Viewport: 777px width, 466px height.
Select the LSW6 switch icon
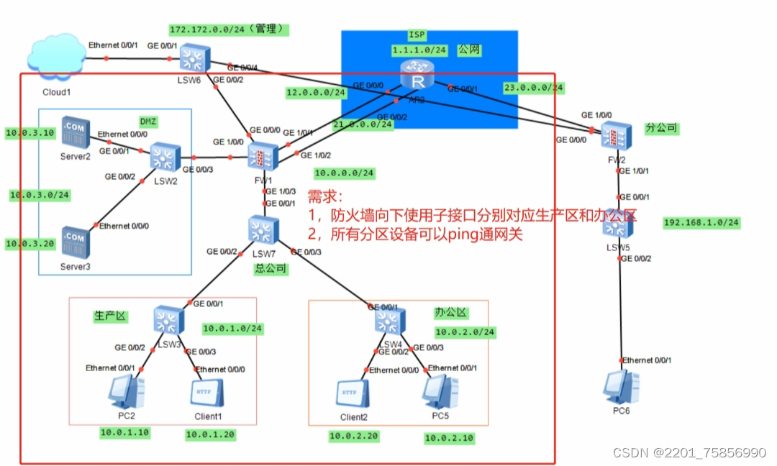click(x=194, y=56)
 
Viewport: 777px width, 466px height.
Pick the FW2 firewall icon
click(x=617, y=136)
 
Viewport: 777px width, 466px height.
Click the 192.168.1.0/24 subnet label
click(x=701, y=222)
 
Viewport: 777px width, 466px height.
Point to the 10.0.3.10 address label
click(x=29, y=133)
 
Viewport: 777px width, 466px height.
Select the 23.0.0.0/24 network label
click(x=534, y=88)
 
